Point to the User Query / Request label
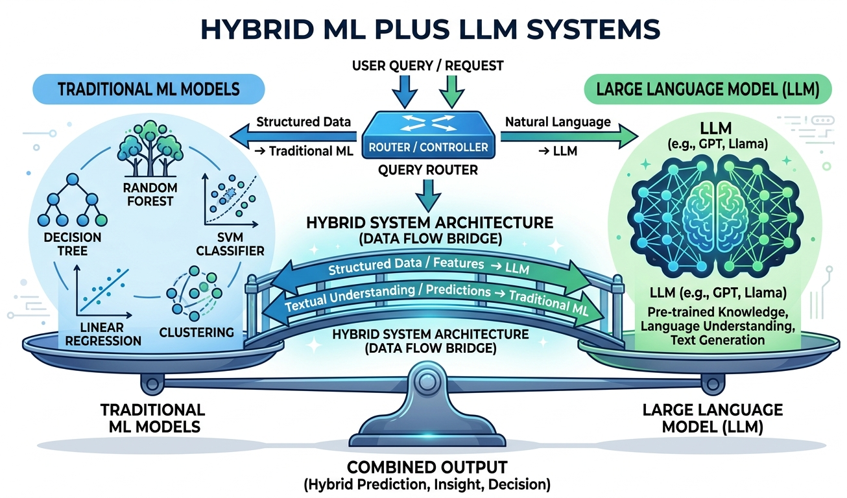[427, 65]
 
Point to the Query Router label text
[427, 170]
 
